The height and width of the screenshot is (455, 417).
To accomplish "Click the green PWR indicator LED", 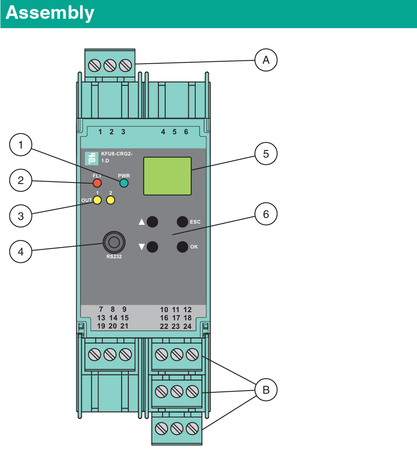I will click(124, 183).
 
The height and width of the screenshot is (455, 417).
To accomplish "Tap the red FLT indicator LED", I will click(97, 183).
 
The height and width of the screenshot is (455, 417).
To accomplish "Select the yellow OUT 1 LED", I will click(97, 200).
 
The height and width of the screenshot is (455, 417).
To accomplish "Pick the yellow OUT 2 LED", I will click(110, 200).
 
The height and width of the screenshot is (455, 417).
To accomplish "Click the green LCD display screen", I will click(167, 175).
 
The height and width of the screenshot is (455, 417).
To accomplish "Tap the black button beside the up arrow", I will click(152, 222).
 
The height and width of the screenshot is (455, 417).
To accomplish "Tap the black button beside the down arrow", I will click(152, 247).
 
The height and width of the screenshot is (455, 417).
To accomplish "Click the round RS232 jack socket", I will click(114, 242).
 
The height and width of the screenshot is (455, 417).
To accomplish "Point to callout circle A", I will click(266, 60).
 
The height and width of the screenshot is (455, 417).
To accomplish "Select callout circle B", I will click(266, 390).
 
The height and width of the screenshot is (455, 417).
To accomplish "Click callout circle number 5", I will click(266, 154).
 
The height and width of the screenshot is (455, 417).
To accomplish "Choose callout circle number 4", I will click(21, 251).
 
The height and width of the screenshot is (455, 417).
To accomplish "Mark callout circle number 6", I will click(266, 214).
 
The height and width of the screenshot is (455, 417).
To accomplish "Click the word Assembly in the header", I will click(50, 13).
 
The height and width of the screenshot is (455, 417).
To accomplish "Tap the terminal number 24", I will click(187, 326).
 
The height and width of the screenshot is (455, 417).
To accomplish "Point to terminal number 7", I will click(101, 309).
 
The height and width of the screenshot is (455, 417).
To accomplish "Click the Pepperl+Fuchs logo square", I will click(92, 158).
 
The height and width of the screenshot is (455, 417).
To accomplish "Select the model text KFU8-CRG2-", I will click(117, 154).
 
